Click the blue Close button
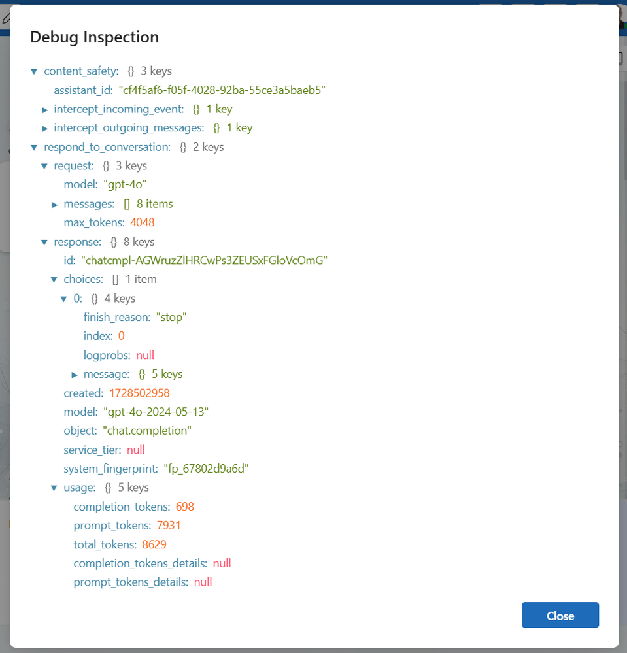(x=560, y=614)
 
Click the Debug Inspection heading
(x=95, y=37)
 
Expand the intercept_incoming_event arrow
(x=44, y=110)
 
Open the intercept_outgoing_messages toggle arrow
(x=44, y=129)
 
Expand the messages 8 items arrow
(x=54, y=205)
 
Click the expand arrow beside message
(x=75, y=375)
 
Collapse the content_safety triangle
(x=34, y=72)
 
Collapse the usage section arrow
(x=54, y=488)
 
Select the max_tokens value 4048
(x=143, y=222)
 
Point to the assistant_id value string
(x=222, y=90)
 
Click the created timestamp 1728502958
(x=139, y=393)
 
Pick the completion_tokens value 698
(x=185, y=507)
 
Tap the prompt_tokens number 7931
(x=169, y=525)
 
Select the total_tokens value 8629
(x=154, y=544)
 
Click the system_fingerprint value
(x=206, y=469)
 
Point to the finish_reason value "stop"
(x=171, y=317)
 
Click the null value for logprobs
(x=145, y=355)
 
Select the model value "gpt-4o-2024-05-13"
(x=156, y=412)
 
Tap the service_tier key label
(x=92, y=450)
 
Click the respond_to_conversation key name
(x=107, y=147)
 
